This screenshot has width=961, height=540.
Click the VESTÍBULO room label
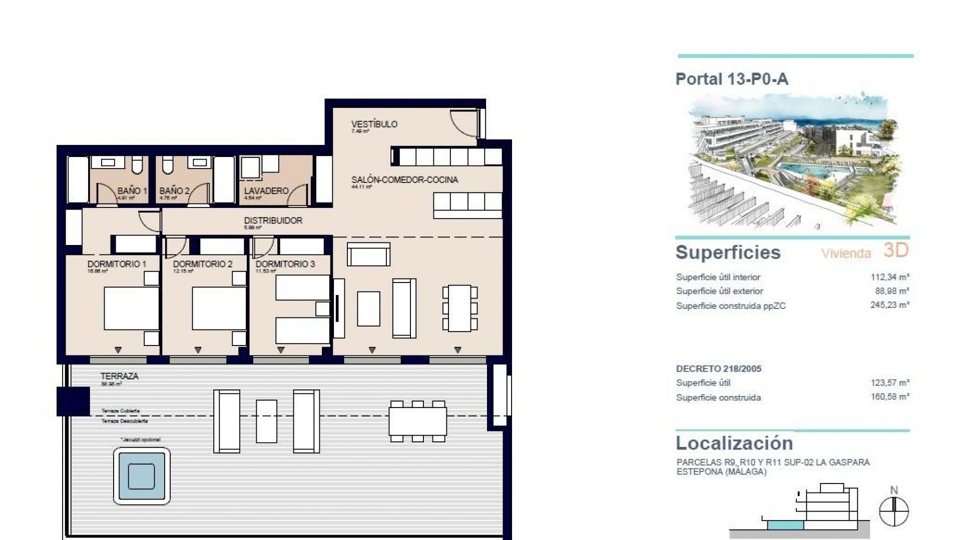[374, 124]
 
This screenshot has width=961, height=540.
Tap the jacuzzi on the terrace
[142, 475]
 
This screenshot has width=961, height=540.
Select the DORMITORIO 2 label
[202, 264]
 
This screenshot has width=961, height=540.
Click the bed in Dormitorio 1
[131, 308]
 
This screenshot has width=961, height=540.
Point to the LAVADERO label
[266, 191]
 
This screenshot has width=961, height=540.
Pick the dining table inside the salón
[459, 308]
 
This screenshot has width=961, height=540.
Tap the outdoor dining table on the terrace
[418, 421]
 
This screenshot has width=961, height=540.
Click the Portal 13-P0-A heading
[732, 79]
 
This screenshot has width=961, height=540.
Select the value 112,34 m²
[889, 277]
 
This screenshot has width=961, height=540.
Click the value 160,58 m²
[889, 397]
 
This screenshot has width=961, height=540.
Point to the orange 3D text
[895, 250]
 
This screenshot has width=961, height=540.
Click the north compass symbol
[894, 511]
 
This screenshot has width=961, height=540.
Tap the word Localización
[734, 443]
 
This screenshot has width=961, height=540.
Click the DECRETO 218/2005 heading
[718, 369]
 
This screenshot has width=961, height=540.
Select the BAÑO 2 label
[174, 191]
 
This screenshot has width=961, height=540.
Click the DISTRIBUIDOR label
[273, 220]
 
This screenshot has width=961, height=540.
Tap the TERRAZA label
[119, 376]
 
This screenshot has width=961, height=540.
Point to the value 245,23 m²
[889, 305]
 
